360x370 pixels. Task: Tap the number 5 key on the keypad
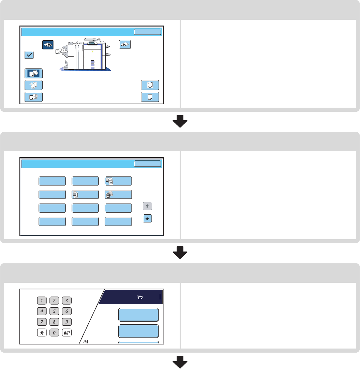(x=54, y=311)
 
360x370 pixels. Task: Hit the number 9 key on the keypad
(x=67, y=322)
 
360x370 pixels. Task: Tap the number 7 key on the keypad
(x=41, y=322)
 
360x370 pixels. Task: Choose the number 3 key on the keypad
(x=67, y=300)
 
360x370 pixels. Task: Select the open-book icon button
(x=150, y=85)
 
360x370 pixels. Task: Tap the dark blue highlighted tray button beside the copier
(x=48, y=45)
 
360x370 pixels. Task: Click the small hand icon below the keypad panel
(x=85, y=341)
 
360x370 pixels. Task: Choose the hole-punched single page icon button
(x=150, y=97)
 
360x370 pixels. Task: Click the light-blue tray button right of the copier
(x=125, y=45)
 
